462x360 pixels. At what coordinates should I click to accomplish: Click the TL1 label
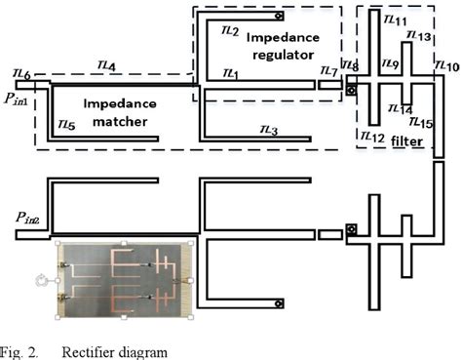tap(230, 73)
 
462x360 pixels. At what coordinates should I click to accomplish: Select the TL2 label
tap(230, 31)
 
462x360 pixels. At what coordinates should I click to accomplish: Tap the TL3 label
tap(269, 130)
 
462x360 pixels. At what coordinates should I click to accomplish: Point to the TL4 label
tap(108, 64)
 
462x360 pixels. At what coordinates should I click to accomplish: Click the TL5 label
tap(66, 125)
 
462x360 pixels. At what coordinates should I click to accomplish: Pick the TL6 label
tap(20, 75)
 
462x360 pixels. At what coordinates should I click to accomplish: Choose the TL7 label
tap(328, 72)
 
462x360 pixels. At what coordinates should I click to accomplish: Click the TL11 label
tap(397, 20)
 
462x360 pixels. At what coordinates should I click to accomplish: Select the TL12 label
tap(372, 136)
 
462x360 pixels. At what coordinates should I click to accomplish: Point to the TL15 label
tap(421, 123)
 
